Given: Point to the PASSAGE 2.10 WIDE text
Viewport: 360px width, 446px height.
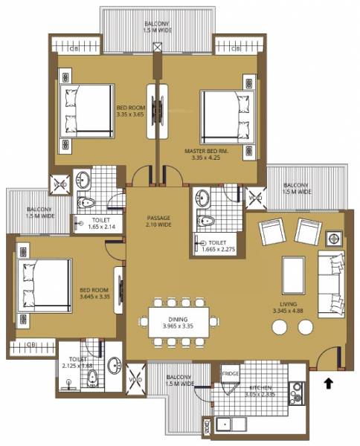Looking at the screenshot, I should tap(159, 221).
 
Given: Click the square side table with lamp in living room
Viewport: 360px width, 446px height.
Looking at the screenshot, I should tap(333, 239).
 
